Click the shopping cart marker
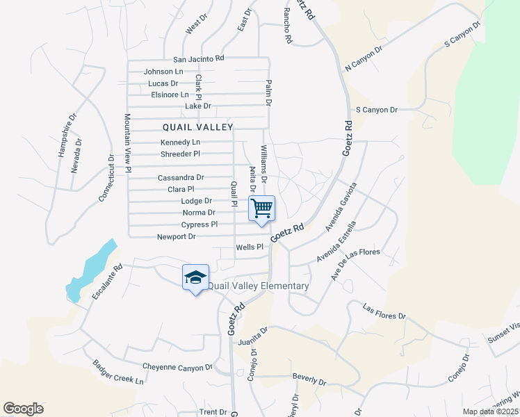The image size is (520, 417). pos(261,208)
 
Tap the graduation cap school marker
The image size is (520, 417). pos(195,277)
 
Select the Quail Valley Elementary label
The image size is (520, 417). pos(259,286)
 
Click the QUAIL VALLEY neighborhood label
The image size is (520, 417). pos(198,127)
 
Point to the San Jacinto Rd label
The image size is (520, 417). pos(199,59)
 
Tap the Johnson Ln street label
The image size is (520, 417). pos(163,72)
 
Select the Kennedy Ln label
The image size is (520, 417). pos(180,142)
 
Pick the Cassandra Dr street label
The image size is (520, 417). pos(181,178)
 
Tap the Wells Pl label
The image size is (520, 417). pos(250,247)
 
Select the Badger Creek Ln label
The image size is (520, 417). pos(118,373)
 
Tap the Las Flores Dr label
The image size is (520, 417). pos(384,311)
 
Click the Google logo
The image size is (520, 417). pos(23,409)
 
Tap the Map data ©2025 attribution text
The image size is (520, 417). pos(489,411)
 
